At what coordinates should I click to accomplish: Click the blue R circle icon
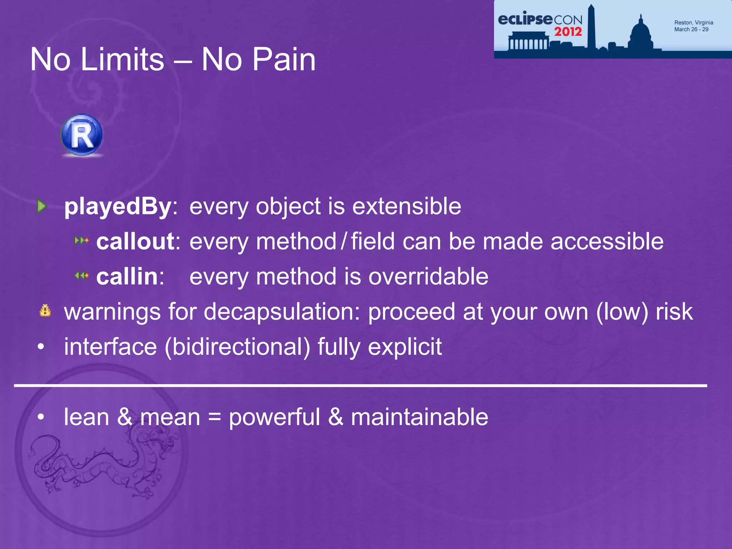point(82,135)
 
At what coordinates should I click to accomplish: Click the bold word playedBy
point(118,207)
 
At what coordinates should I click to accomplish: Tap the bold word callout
point(135,242)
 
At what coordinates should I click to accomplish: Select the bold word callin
point(127,277)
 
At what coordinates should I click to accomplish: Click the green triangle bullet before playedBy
point(42,206)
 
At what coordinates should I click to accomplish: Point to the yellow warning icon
point(45,311)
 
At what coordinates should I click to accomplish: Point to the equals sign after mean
point(214,417)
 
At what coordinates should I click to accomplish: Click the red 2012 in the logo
point(568,32)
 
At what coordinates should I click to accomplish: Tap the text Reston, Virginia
point(693,23)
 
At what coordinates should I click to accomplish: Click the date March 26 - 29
point(691,30)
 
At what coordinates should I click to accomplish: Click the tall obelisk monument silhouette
point(591,27)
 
